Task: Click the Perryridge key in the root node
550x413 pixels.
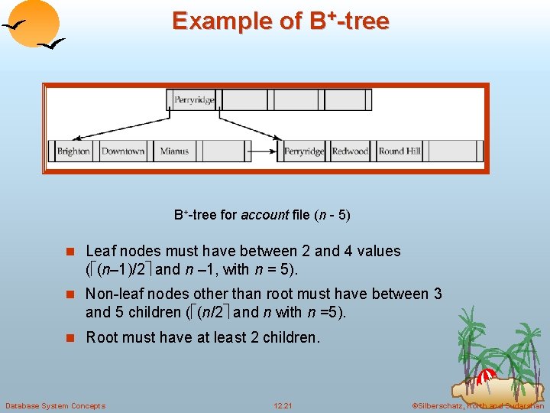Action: click(194, 100)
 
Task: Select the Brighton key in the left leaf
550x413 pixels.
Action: click(73, 151)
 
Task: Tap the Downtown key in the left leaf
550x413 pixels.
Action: click(123, 151)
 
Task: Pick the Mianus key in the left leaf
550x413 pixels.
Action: click(174, 151)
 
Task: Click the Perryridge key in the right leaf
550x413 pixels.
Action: click(304, 151)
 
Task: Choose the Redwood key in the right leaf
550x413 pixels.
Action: click(350, 151)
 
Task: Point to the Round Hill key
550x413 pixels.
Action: click(400, 151)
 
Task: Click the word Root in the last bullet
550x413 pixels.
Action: click(102, 337)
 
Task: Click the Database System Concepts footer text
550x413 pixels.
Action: click(55, 405)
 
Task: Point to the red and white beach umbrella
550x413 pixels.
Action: click(486, 377)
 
